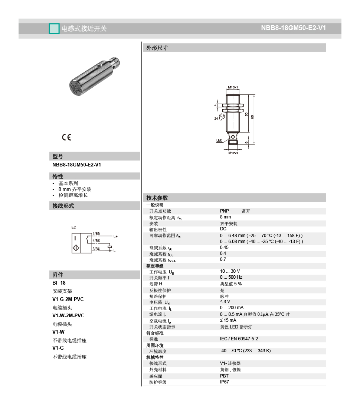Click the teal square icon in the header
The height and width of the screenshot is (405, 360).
tap(54, 29)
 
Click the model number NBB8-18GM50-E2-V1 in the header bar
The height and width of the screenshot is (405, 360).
tap(293, 28)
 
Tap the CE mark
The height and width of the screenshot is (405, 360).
tap(66, 137)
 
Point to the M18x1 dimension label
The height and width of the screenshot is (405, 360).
tap(233, 87)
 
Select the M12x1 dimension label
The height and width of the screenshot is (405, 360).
tap(233, 153)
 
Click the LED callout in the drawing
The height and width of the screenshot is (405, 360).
tap(219, 140)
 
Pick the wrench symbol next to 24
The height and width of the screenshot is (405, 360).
tap(222, 118)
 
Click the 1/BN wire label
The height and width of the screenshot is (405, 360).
tap(96, 234)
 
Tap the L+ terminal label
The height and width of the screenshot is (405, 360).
tap(115, 236)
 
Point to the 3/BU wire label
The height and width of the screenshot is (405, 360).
tap(96, 249)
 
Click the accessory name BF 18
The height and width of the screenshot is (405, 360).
tap(59, 283)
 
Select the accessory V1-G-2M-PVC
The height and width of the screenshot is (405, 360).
tap(68, 299)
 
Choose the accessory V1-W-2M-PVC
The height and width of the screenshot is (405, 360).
tap(68, 315)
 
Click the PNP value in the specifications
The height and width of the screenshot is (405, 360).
tap(225, 211)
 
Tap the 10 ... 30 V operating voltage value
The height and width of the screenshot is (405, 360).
tap(230, 271)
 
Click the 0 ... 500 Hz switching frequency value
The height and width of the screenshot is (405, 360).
tap(231, 277)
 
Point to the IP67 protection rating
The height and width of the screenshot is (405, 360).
tap(225, 382)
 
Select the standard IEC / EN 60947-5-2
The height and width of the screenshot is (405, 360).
tap(239, 339)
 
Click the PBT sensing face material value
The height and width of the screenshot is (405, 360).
tap(225, 376)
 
